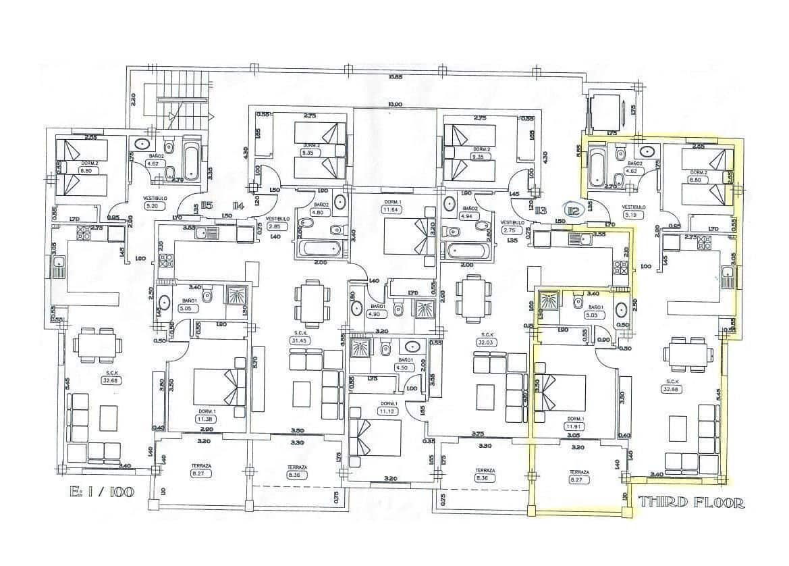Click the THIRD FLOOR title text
(691, 503)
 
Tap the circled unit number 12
(574, 211)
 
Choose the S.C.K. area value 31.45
(297, 341)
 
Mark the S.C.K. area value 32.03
(485, 342)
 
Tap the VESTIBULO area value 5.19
(633, 215)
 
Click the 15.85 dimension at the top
(396, 76)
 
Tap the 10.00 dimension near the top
(395, 104)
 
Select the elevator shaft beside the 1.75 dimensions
(602, 111)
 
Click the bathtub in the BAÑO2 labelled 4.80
(320, 251)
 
